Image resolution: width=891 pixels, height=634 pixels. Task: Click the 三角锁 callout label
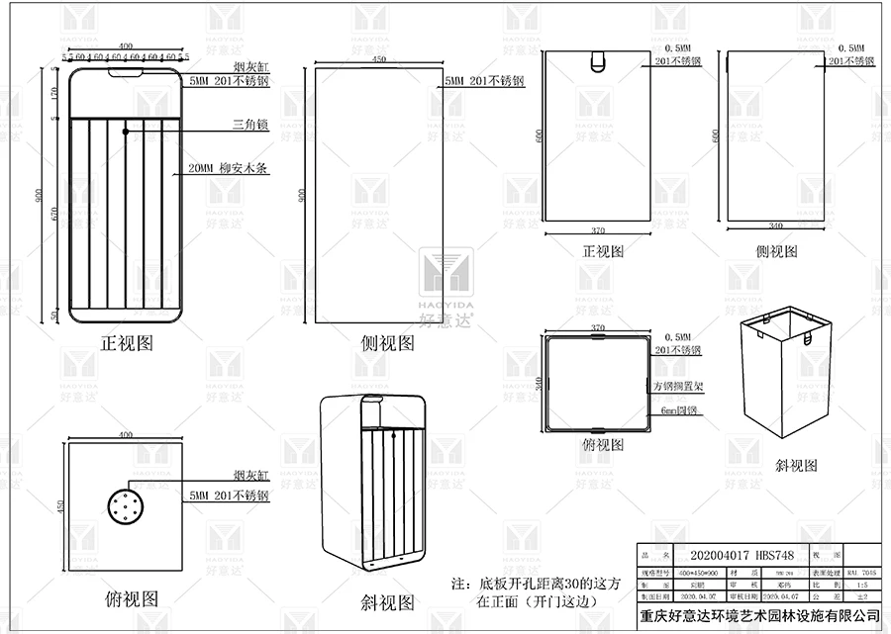coord(250,125)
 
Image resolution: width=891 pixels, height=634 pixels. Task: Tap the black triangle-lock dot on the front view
coord(126,131)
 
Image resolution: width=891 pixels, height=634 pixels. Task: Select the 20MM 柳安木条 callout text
coord(229,169)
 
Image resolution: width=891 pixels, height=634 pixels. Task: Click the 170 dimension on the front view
coord(51,95)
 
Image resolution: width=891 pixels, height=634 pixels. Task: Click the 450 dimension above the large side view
coord(378,60)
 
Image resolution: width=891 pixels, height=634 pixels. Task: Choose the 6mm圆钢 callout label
coord(672,409)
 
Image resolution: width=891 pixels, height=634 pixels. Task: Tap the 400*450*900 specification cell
coord(699,572)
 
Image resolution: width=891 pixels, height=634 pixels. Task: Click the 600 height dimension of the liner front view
coord(540,137)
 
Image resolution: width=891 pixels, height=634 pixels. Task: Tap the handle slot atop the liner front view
coord(596,61)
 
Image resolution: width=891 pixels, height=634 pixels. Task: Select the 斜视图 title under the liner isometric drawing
coord(796,465)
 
